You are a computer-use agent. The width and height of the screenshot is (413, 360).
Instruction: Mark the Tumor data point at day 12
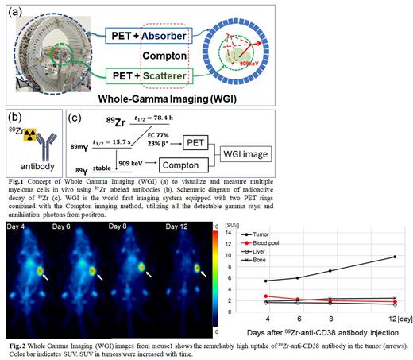tap(394, 257)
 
